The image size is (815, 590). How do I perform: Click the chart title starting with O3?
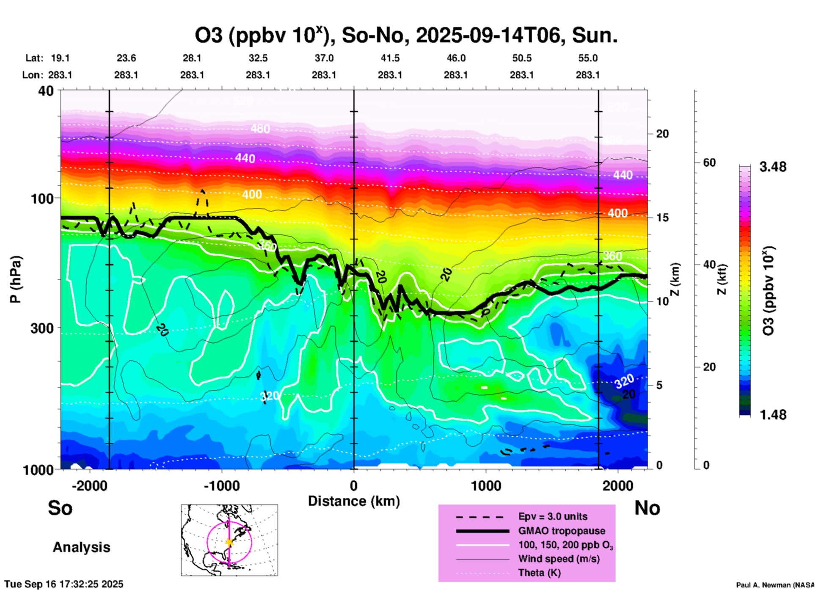[x=406, y=36]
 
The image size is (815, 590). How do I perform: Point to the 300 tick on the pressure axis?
[x=42, y=328]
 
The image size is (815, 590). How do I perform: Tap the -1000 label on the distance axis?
[x=221, y=486]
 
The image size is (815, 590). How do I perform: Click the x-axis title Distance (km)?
[x=354, y=501]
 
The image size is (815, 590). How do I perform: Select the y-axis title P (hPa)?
[x=16, y=279]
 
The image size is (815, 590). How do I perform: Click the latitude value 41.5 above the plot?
[x=390, y=58]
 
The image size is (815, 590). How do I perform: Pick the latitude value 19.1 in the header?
[x=60, y=58]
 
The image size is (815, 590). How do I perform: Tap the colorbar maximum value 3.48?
[x=773, y=167]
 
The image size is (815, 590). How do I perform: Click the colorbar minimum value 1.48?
[x=773, y=414]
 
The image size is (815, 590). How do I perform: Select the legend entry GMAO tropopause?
[x=562, y=531]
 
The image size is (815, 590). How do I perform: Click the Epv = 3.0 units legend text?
[x=553, y=516]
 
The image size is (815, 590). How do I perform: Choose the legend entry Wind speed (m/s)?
[x=559, y=559]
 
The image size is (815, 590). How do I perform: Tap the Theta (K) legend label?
[x=539, y=573]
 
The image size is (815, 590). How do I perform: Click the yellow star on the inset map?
[x=229, y=542]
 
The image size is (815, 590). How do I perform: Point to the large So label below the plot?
[x=60, y=508]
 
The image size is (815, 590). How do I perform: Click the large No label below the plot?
[x=647, y=508]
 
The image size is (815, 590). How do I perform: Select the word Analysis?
[x=81, y=547]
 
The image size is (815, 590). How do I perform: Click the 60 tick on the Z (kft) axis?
[x=709, y=163]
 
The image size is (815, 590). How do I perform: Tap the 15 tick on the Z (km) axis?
[x=662, y=218]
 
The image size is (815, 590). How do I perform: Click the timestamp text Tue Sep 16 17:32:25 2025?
[x=64, y=584]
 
